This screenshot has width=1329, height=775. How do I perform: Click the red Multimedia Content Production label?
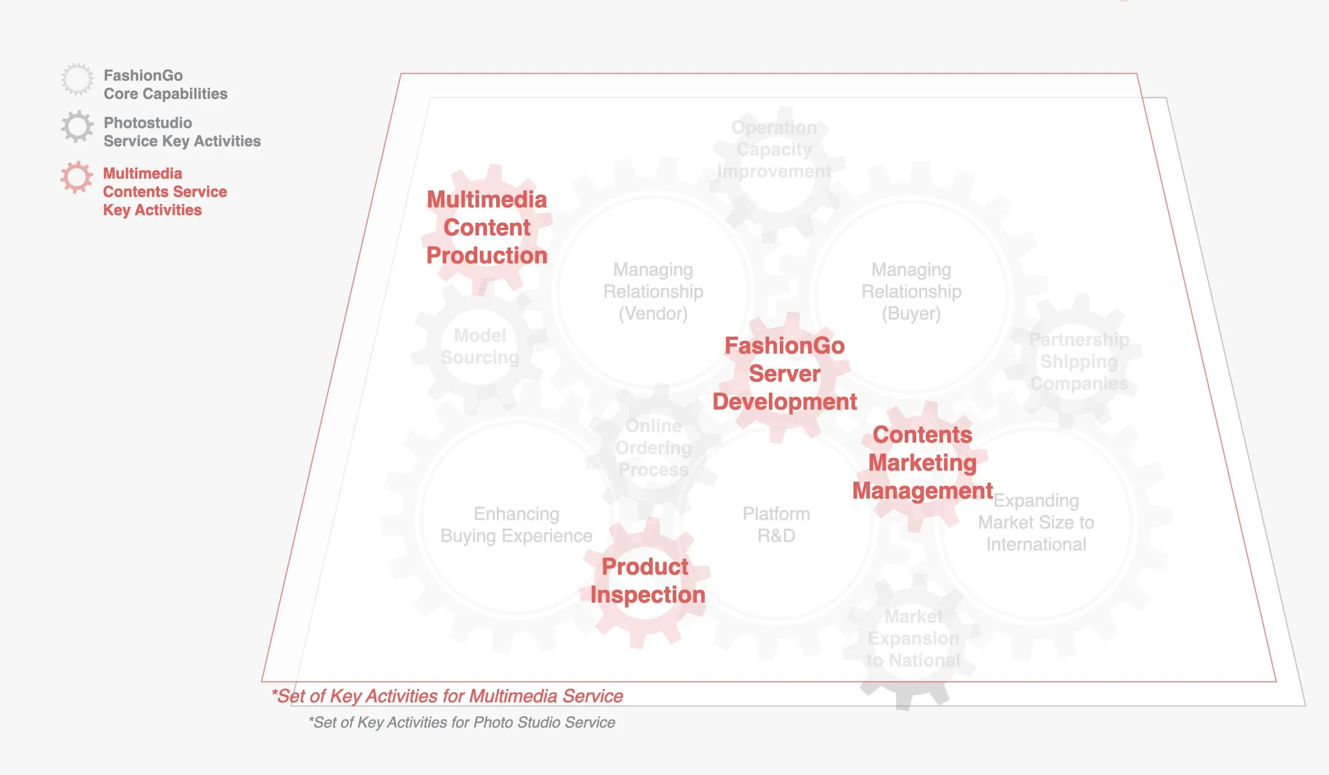pos(487,228)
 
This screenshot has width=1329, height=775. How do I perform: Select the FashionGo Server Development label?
pos(785,374)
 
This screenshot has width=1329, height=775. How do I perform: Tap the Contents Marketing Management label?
pos(922,463)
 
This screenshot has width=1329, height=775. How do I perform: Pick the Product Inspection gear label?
pos(647,581)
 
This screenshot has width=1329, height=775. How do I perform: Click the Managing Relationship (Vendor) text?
pos(653,292)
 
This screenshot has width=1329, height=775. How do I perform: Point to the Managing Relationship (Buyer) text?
pos(911,292)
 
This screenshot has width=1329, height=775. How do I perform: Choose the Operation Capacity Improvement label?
pos(774,150)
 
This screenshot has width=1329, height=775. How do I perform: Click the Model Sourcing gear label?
pos(480,346)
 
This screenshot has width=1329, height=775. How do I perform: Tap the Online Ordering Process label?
pos(653,448)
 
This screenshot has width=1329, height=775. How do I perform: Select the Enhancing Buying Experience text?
pos(516,525)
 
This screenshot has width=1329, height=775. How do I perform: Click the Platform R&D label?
pos(776,525)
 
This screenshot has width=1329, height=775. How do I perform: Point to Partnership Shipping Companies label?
pos(1079,362)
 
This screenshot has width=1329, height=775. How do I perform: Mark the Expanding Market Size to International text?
pos(1036,522)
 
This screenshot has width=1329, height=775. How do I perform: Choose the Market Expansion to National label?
pos(913,639)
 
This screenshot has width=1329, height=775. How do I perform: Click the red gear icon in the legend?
pos(77,177)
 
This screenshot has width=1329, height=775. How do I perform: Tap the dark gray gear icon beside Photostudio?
pos(77,127)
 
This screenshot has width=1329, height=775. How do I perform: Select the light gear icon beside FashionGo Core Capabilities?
pos(77,79)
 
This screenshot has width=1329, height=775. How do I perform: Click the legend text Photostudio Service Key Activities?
pos(181,132)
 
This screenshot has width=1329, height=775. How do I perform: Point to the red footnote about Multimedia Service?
pos(447,696)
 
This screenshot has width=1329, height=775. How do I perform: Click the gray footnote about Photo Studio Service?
pos(461,723)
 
